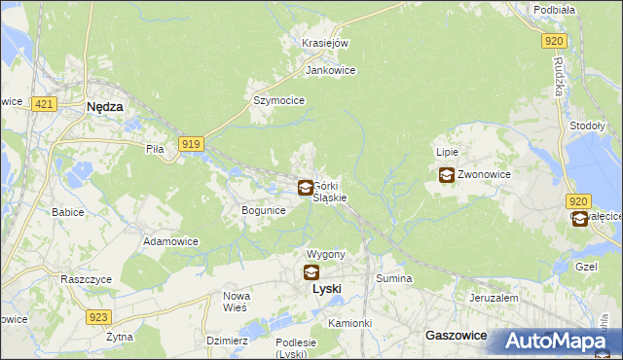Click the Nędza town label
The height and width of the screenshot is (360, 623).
coord(104,108)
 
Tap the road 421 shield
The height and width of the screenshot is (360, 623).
coord(41,102)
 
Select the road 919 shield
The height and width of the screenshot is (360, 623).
coord(191,144)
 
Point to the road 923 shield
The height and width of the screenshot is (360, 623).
coord(97,317)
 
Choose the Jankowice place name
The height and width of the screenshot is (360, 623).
coord(331,71)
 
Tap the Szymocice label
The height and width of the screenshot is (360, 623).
coord(279,100)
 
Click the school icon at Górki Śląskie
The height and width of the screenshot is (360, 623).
coord(306,187)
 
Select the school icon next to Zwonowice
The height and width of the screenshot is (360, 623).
coord(446,175)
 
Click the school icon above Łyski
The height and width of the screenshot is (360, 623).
coord(311,272)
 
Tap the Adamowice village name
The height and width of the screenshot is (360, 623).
coord(170,240)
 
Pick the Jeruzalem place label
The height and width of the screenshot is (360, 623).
coord(492,298)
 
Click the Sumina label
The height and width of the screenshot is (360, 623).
coord(394,279)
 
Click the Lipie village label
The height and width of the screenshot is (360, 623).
coord(447,153)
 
